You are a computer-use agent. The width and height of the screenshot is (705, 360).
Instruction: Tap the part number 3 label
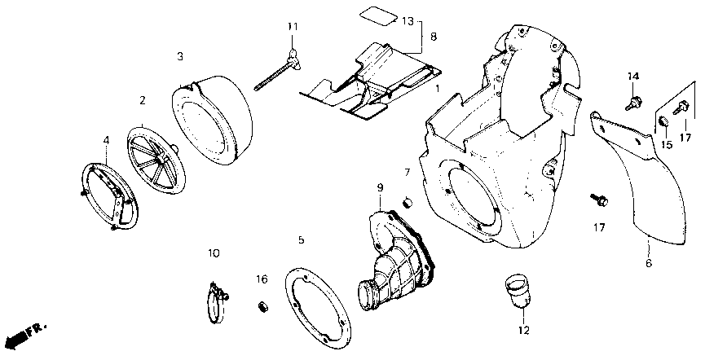(180, 56)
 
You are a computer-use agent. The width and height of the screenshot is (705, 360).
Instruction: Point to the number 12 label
(522, 331)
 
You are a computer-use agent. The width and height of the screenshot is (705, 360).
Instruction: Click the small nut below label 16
(263, 306)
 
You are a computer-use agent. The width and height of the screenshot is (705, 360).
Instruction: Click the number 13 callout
(408, 20)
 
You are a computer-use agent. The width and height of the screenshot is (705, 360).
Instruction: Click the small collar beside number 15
(663, 122)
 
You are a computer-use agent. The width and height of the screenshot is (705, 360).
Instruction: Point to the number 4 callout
(106, 140)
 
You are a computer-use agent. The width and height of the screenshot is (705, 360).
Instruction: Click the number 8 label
(434, 37)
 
